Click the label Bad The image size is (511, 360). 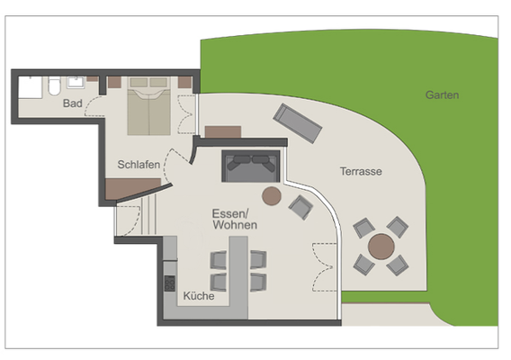(73, 104)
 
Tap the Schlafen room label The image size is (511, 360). (139, 165)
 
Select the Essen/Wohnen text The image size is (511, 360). (234, 219)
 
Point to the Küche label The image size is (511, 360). (198, 295)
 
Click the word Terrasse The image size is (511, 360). (362, 171)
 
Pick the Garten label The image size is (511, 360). (444, 94)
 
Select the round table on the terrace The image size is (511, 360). (381, 245)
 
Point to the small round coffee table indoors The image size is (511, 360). (271, 195)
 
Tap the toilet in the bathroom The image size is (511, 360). (54, 87)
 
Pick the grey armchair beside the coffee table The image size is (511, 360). (300, 208)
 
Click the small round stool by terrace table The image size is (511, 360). (397, 264)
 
